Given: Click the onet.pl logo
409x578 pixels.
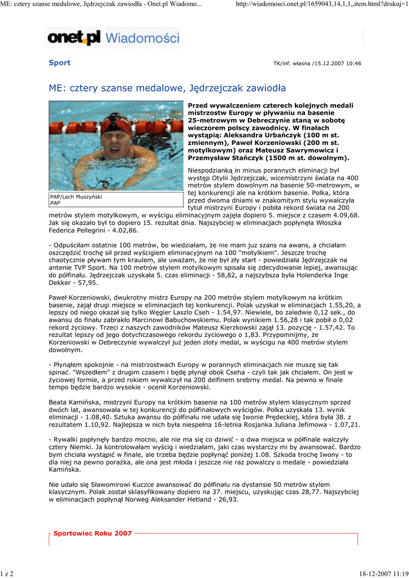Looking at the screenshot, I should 74,38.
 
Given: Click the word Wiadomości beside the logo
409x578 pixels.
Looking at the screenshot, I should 142,38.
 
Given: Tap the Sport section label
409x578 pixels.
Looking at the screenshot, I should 59,63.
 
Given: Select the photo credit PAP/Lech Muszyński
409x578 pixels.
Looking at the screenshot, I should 76,196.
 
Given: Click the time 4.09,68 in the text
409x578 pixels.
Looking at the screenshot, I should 345,215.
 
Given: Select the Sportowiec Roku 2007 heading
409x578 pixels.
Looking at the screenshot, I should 92,533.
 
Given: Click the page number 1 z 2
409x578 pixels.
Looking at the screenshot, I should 8,573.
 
